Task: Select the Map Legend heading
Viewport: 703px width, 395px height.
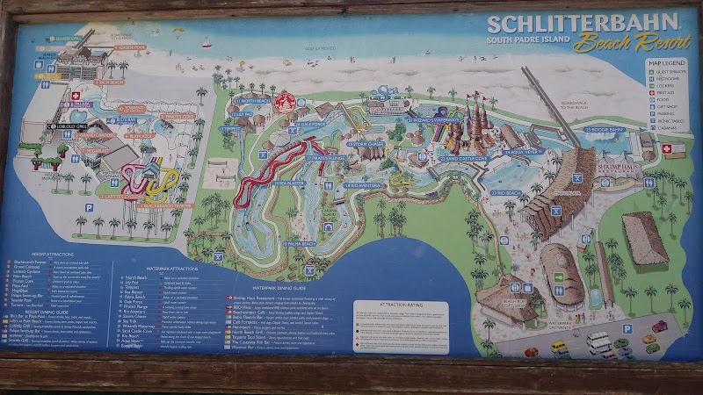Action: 667,63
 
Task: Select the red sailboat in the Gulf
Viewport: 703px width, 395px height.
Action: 207,42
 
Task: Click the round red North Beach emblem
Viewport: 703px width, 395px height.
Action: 284,103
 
